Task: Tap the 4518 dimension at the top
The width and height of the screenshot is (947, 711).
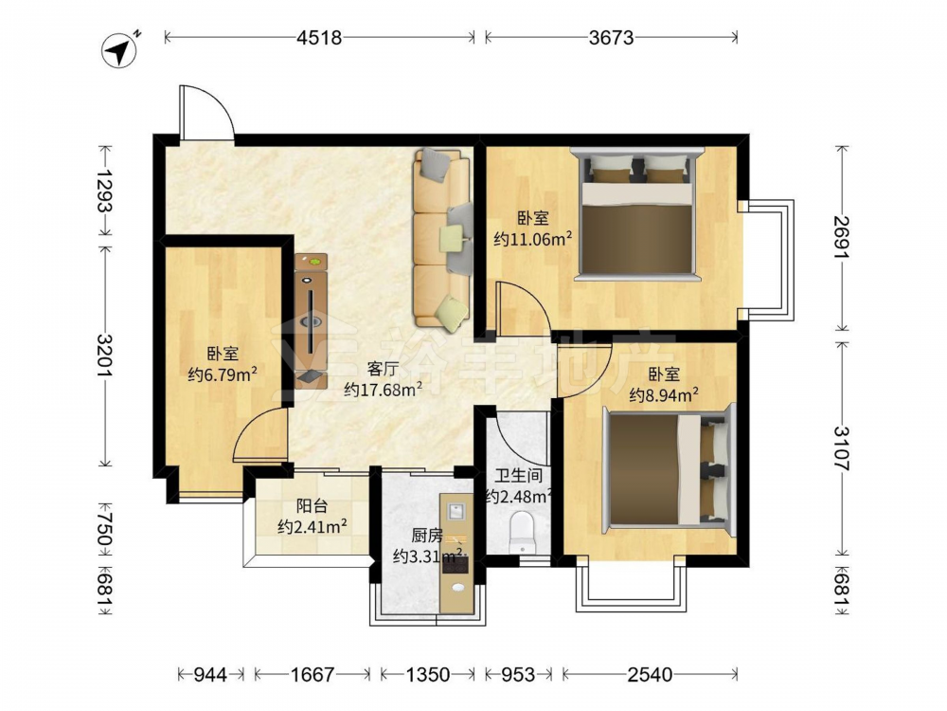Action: pyautogui.click(x=319, y=38)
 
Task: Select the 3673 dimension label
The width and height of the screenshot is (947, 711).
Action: pyautogui.click(x=611, y=38)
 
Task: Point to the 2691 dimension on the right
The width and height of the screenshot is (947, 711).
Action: pyautogui.click(x=842, y=238)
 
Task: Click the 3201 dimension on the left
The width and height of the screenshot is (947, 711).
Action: pyautogui.click(x=105, y=355)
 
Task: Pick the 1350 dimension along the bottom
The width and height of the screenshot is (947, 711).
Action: pyautogui.click(x=427, y=674)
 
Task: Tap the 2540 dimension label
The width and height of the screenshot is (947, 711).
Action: pyautogui.click(x=650, y=674)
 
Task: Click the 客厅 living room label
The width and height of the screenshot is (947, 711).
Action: pyautogui.click(x=383, y=369)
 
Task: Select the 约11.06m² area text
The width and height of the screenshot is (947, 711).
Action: pyautogui.click(x=532, y=239)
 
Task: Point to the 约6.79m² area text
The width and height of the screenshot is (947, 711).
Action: pyautogui.click(x=223, y=374)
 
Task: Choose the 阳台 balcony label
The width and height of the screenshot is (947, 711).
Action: pyautogui.click(x=312, y=505)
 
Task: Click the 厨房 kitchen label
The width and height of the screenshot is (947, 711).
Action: pyautogui.click(x=427, y=535)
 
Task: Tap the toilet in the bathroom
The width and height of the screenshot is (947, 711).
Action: pyautogui.click(x=523, y=532)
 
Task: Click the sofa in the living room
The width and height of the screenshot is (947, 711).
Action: pyautogui.click(x=441, y=241)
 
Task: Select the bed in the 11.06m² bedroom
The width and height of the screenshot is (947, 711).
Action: pyautogui.click(x=637, y=214)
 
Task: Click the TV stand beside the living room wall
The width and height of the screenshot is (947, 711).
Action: pyautogui.click(x=311, y=320)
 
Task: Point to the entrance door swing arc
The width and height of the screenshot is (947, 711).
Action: pyautogui.click(x=218, y=102)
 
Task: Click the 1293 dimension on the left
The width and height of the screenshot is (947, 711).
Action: pyautogui.click(x=105, y=191)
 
